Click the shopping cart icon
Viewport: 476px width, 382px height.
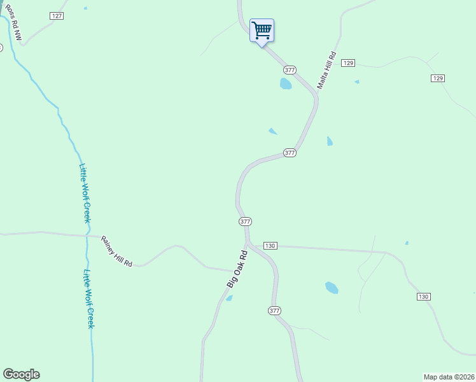[x=262, y=31]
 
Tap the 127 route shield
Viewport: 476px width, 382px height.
[x=57, y=15]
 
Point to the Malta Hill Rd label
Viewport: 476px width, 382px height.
[x=326, y=71]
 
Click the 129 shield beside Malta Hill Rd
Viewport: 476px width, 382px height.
[x=347, y=62]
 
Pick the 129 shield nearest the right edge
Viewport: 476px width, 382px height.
[x=437, y=78]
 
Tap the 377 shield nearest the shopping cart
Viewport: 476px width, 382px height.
[x=290, y=69]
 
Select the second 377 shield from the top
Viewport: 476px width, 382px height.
[x=290, y=153]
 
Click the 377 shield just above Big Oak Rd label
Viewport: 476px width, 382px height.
[x=246, y=222]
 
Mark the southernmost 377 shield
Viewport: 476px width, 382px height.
[x=274, y=311]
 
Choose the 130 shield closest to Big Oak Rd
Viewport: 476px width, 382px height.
[x=270, y=246]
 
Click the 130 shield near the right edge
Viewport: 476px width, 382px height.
[x=424, y=297]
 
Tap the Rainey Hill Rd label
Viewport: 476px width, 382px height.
[x=116, y=251]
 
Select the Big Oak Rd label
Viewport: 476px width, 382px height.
[x=237, y=270]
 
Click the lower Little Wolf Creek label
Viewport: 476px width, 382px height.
[x=90, y=299]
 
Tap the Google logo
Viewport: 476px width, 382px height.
[x=21, y=374]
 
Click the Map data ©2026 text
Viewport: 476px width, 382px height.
[x=449, y=376]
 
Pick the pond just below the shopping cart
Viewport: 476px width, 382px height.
[x=286, y=83]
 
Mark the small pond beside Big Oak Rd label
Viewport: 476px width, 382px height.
[x=229, y=298]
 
